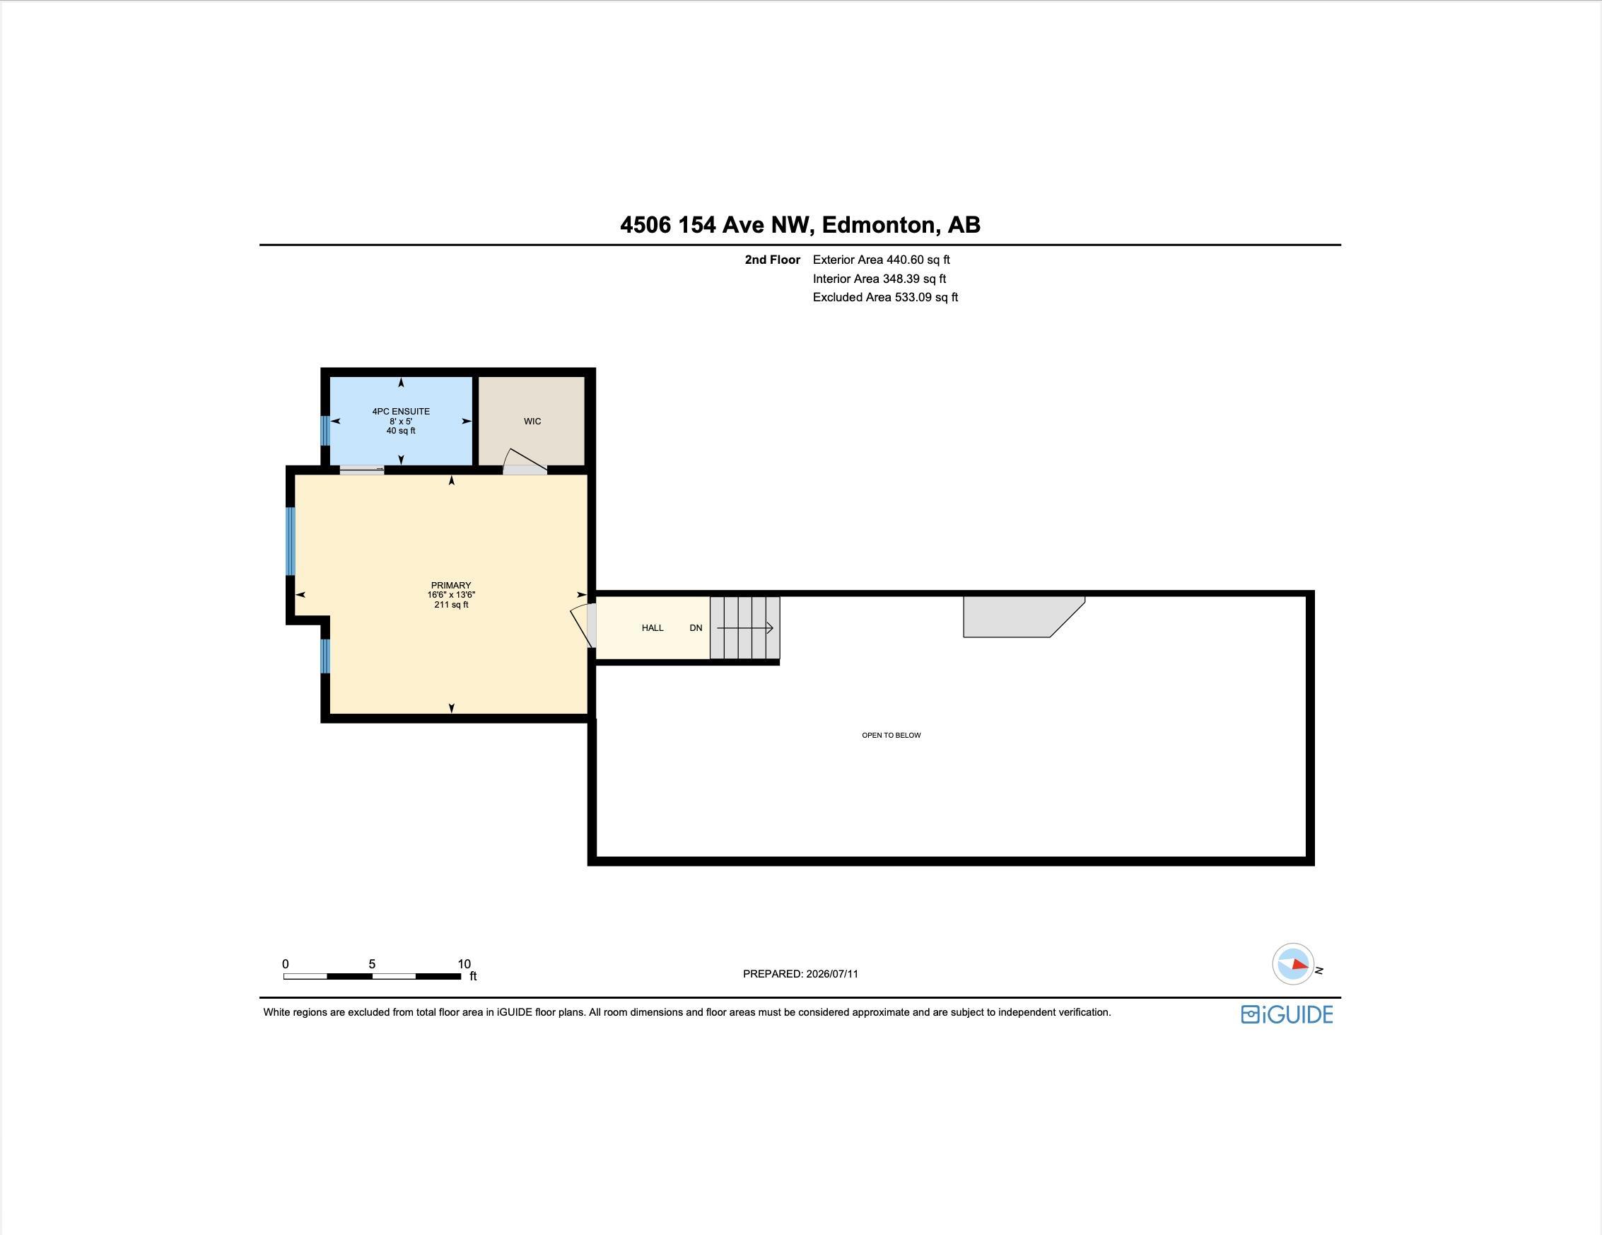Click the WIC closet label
pos(532,421)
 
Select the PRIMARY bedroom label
pos(451,586)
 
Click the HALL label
pos(653,628)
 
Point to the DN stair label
pos(696,628)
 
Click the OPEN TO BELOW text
pos(891,736)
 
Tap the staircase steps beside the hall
pos(744,628)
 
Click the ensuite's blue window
pos(325,431)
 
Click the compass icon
pos(1293,964)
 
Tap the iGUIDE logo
pos(1287,1015)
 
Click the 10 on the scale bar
pos(464,964)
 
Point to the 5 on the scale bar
pos(372,964)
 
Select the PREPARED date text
pos(800,974)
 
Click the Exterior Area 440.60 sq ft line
pos(881,260)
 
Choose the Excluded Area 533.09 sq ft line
pos(885,297)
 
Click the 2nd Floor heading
pos(773,260)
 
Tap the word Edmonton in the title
pos(880,224)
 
